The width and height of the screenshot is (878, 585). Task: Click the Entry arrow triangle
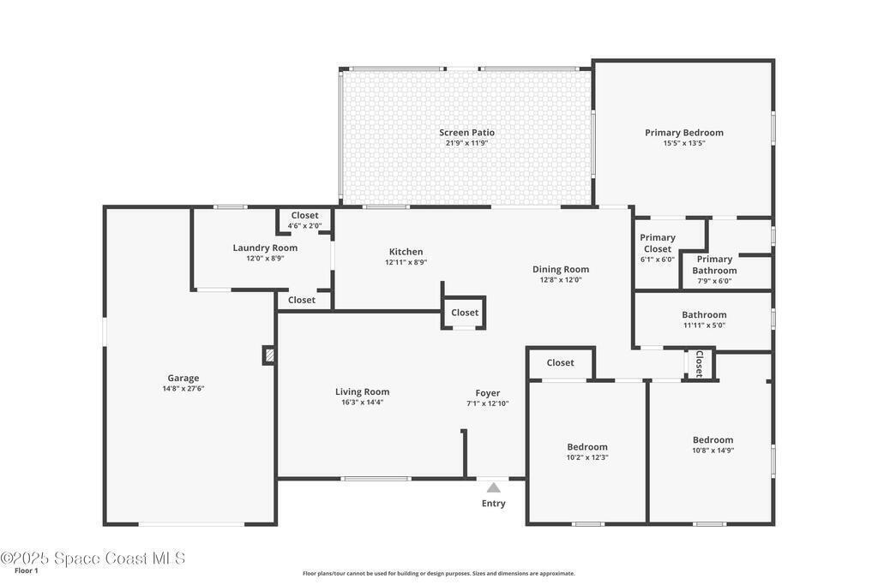click(x=493, y=487)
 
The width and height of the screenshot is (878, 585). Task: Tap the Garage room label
click(x=183, y=378)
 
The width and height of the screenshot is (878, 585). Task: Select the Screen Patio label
click(x=467, y=133)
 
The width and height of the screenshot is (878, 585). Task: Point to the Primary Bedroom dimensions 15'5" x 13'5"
click(x=684, y=143)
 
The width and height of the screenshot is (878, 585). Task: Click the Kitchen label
click(x=406, y=252)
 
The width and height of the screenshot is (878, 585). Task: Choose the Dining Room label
click(x=561, y=270)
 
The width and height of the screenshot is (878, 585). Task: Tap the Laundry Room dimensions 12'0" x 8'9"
click(x=266, y=259)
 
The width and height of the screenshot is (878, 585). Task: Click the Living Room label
click(x=363, y=392)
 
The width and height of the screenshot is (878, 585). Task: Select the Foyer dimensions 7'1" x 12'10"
click(x=488, y=403)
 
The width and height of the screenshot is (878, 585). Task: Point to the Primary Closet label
click(x=658, y=243)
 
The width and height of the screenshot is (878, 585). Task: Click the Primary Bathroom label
click(x=714, y=266)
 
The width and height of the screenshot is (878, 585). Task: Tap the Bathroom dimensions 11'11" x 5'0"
click(x=705, y=325)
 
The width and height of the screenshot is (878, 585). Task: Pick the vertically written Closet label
click(x=700, y=364)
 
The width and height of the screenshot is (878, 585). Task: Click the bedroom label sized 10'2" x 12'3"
click(x=587, y=447)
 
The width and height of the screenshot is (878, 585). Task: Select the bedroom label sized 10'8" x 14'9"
click(x=713, y=440)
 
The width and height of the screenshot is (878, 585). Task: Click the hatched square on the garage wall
click(x=269, y=355)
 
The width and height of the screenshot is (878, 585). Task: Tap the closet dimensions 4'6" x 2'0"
click(x=304, y=226)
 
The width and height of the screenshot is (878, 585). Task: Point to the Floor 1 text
click(x=27, y=571)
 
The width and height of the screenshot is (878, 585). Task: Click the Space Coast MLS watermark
click(x=93, y=558)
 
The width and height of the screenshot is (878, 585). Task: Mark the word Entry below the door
click(x=493, y=504)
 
